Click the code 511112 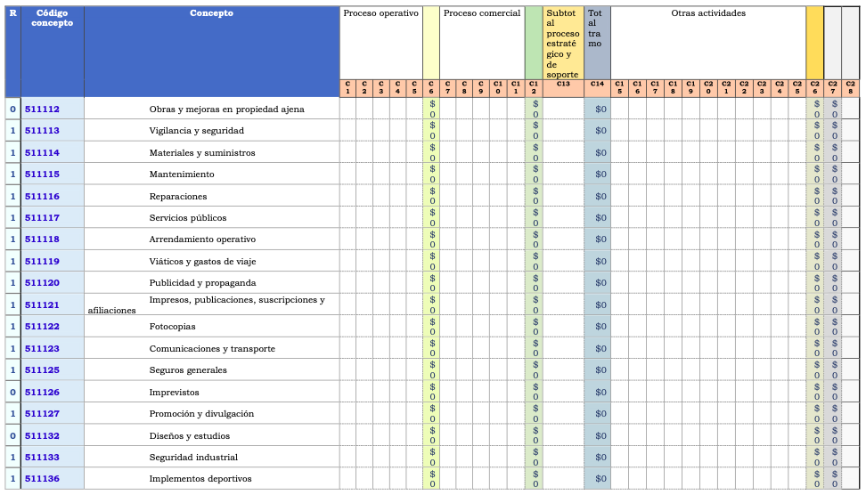click(42, 109)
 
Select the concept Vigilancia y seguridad click(196, 131)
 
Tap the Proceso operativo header click(380, 13)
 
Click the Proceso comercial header click(481, 13)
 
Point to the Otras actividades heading click(708, 13)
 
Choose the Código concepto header click(52, 18)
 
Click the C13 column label click(563, 84)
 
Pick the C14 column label click(597, 84)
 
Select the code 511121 click(42, 304)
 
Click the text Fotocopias click(172, 327)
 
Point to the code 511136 click(42, 479)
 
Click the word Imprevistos click(175, 393)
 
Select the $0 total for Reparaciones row click(600, 197)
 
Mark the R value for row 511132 click(12, 435)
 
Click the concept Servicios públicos click(188, 218)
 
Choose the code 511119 click(42, 262)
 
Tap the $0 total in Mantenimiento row click(600, 174)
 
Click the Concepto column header click(212, 13)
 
